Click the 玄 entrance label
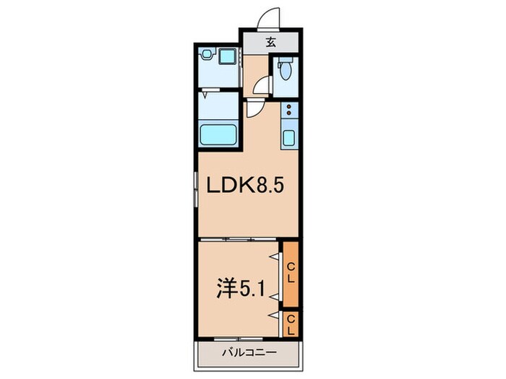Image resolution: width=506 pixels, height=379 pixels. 270,42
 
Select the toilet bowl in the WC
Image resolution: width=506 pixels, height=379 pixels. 286,71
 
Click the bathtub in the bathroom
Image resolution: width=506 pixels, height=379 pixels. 219,134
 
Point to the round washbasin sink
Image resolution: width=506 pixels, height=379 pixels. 207,54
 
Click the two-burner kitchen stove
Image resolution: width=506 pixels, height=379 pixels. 289,110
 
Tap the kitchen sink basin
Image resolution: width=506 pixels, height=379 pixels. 289,137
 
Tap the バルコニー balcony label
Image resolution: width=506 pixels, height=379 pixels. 237,353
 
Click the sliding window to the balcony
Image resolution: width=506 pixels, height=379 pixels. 237,338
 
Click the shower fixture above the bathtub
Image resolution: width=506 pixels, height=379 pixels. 207,94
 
